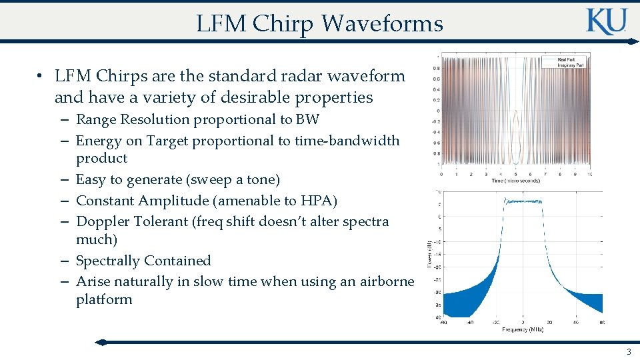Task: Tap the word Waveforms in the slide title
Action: coord(382,23)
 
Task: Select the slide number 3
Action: coord(628,351)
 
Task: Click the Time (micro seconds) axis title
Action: coord(515,181)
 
